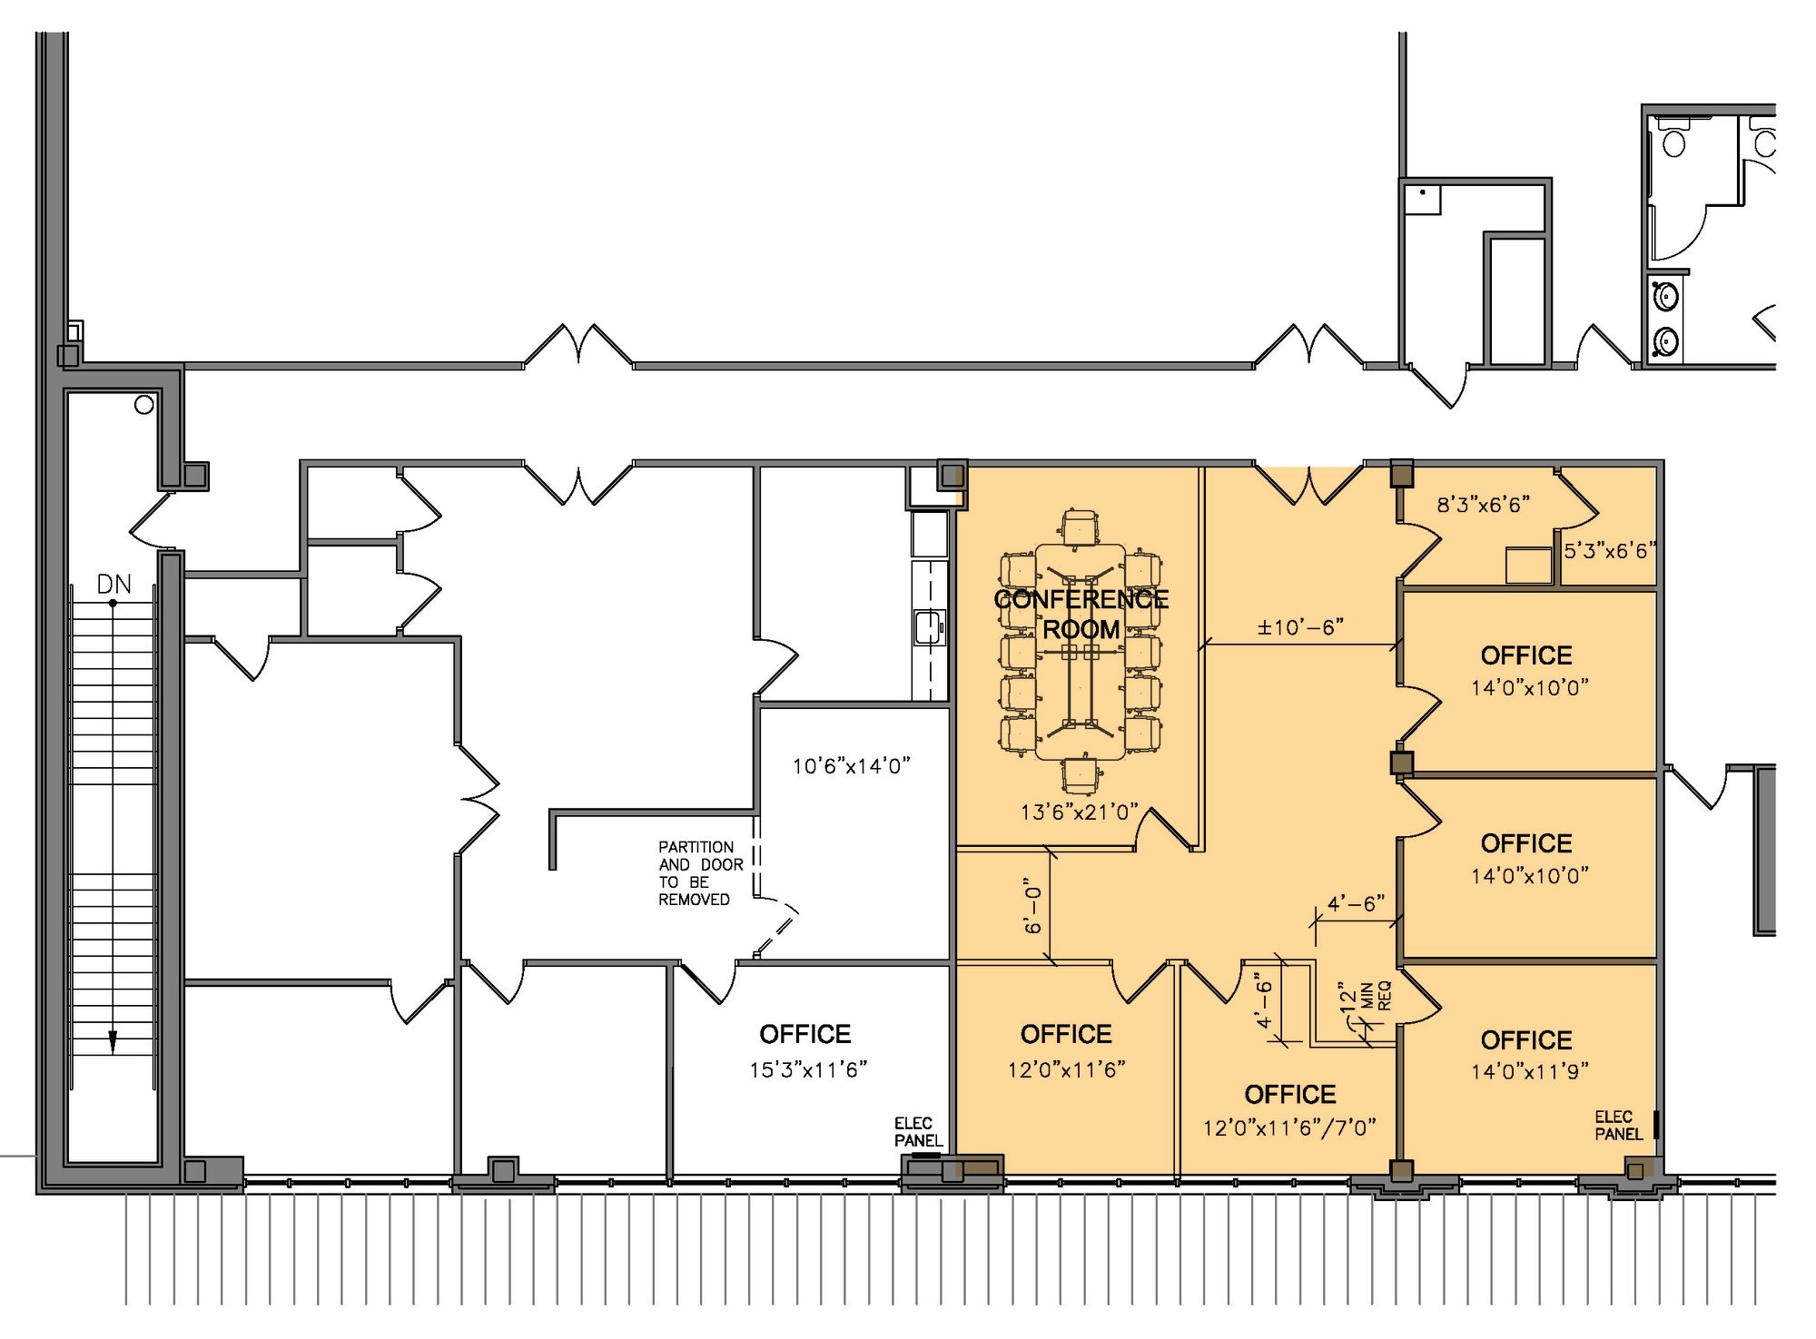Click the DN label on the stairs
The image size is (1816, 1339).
coord(114,585)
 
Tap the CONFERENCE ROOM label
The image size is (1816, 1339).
coord(1081,614)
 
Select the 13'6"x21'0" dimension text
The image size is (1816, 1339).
coord(1079,812)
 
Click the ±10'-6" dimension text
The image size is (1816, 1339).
coord(1300,627)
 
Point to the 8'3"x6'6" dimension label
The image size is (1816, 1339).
coord(1484,505)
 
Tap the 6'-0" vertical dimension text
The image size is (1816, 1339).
coord(1034,905)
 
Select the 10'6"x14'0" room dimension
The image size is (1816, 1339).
coord(851,766)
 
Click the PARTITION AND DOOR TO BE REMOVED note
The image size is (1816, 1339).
coord(700,872)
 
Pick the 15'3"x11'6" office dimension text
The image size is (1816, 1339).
coord(808,1070)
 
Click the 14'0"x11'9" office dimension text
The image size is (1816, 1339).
coord(1530,1072)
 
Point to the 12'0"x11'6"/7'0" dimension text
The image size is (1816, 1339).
coord(1289,1127)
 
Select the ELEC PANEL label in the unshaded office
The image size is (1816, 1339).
coord(918,1132)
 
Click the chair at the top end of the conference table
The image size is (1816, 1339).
coord(1080,527)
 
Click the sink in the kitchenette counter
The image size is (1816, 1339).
coord(928,628)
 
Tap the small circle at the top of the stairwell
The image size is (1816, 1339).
coord(144,405)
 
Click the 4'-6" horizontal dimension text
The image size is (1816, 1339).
coord(1356,904)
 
